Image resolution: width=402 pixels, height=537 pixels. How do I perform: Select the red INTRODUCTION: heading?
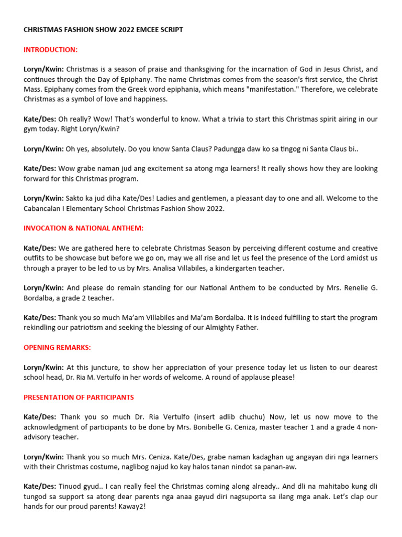pyautogui.click(x=50, y=50)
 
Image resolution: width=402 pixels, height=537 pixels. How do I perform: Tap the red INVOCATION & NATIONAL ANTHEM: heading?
pyautogui.click(x=83, y=228)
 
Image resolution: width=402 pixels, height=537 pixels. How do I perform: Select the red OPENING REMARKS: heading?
pyautogui.click(x=57, y=348)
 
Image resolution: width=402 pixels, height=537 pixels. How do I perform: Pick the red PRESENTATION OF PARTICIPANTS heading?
pyautogui.click(x=79, y=397)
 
